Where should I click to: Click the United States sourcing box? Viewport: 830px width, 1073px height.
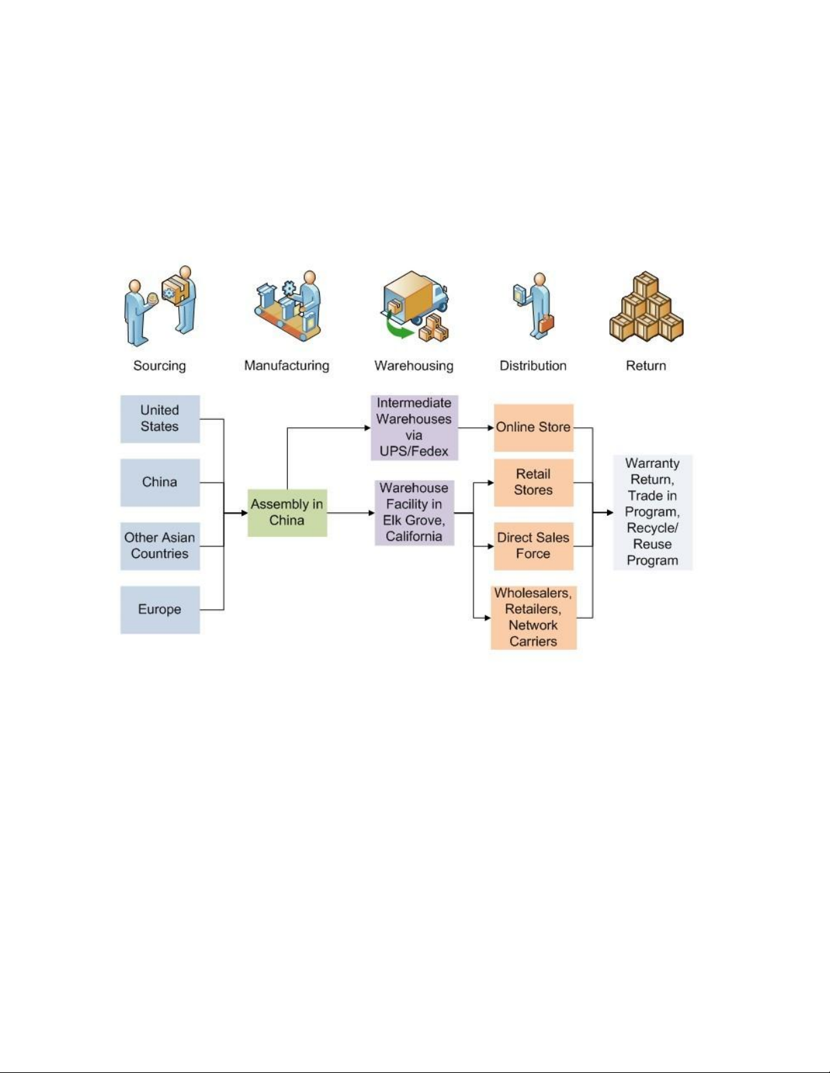pyautogui.click(x=160, y=419)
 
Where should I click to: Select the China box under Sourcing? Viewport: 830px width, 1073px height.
pyautogui.click(x=160, y=482)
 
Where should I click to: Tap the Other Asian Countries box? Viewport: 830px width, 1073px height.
pyautogui.click(x=160, y=546)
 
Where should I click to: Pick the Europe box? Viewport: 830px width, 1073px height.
pyautogui.click(x=160, y=609)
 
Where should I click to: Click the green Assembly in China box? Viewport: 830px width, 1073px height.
pyautogui.click(x=287, y=512)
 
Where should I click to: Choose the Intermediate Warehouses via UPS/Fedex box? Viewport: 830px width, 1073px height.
pyautogui.click(x=414, y=427)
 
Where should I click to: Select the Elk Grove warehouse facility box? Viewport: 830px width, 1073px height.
pyautogui.click(x=414, y=512)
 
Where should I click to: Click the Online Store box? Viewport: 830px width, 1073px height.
pyautogui.click(x=533, y=427)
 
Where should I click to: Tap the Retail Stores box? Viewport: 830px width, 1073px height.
pyautogui.click(x=533, y=482)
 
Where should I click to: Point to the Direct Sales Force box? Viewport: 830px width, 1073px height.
pyautogui.click(x=533, y=546)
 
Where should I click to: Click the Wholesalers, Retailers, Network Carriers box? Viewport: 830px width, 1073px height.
pyautogui.click(x=533, y=617)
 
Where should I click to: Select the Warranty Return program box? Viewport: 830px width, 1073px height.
pyautogui.click(x=652, y=512)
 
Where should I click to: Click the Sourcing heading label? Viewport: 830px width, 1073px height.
pyautogui.click(x=159, y=366)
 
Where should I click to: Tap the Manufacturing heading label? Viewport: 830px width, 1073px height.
pyautogui.click(x=287, y=366)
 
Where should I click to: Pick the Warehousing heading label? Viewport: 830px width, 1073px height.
pyautogui.click(x=414, y=366)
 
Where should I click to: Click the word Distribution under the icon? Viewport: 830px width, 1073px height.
pyautogui.click(x=533, y=366)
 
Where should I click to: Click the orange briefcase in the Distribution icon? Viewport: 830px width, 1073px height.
pyautogui.click(x=546, y=324)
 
